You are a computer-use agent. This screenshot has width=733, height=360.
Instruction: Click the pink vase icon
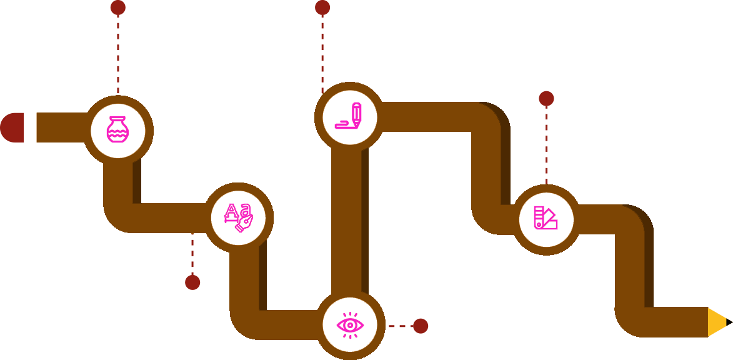[x=117, y=131]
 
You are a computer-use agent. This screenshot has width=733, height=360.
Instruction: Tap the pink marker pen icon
[x=349, y=117]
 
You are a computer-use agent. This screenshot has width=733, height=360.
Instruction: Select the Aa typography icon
[x=238, y=217]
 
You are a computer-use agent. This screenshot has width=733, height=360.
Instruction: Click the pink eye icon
[x=349, y=325]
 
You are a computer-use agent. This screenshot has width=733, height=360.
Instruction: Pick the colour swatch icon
[x=546, y=219]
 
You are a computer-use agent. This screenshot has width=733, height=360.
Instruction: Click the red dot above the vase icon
[x=117, y=7]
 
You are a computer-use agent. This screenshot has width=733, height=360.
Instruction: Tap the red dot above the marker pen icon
[x=322, y=7]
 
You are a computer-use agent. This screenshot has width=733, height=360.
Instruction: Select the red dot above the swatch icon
[x=546, y=99]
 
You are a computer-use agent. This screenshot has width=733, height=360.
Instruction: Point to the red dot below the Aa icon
[x=192, y=282]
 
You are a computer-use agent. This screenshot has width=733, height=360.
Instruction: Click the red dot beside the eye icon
[x=421, y=326]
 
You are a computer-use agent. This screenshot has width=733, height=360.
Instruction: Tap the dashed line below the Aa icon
[x=192, y=253]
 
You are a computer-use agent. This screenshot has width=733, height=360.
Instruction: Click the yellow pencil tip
[x=718, y=322]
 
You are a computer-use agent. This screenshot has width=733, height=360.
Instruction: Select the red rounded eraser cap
[x=12, y=127]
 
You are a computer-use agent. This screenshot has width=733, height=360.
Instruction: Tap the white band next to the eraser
[x=30, y=127]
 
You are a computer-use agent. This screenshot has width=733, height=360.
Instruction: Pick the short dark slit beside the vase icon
[x=137, y=181]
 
